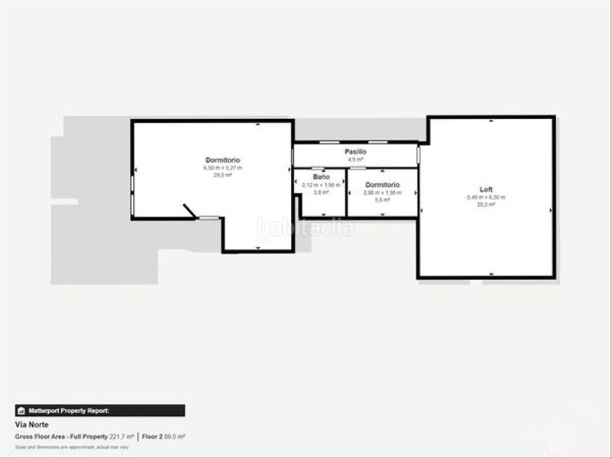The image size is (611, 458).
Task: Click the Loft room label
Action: click(x=486, y=189)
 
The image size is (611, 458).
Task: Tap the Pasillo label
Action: click(x=355, y=152)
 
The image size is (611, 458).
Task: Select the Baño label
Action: click(x=321, y=177)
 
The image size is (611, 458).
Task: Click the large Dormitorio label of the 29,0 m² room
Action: click(x=222, y=160)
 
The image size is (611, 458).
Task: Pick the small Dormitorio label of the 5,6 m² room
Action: click(x=382, y=185)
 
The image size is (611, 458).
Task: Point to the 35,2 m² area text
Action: click(x=486, y=205)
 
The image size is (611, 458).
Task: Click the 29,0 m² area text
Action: click(x=222, y=175)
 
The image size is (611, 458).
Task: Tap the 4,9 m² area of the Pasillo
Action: click(x=355, y=160)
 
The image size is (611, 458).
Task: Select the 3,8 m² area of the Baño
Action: click(x=321, y=192)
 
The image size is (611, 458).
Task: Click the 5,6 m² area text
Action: click(x=382, y=200)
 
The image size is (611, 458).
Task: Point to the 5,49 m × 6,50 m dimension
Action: click(x=486, y=197)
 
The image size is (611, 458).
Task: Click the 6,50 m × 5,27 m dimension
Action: click(x=222, y=167)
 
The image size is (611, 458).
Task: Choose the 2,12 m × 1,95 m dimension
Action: click(x=321, y=185)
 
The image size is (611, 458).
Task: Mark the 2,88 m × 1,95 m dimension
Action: click(x=382, y=192)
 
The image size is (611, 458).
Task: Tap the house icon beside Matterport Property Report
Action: click(x=21, y=411)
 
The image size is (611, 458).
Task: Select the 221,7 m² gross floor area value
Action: click(x=122, y=437)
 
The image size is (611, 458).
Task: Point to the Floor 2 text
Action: click(x=154, y=437)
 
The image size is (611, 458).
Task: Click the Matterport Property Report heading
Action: click(x=70, y=411)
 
